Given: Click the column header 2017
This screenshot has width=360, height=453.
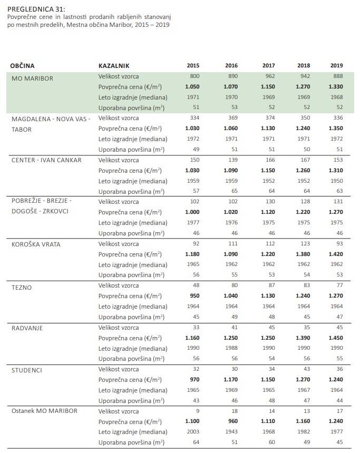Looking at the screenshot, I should pos(269,66).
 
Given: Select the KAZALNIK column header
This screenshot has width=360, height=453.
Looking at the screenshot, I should pos(114,66).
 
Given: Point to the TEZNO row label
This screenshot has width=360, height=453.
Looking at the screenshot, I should pos(22,288).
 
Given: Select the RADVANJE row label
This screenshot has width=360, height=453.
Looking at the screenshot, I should pos(27,328).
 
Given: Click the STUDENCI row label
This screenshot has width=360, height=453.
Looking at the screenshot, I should pos(27,370).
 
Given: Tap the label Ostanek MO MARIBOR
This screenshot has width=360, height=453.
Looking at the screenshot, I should pos(44,411).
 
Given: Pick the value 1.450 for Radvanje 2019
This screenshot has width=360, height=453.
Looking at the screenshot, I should pos(335,338).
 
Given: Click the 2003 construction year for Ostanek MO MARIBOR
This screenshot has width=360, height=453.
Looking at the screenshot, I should pos(193,432).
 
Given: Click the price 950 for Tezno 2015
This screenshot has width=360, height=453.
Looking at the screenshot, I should pos(194,296).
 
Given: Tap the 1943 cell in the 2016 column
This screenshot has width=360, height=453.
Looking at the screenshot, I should pos(231,432).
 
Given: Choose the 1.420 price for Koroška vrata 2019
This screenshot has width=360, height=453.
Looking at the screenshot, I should pos(335,254).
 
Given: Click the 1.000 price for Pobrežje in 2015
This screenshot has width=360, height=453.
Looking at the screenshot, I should pos(192,212).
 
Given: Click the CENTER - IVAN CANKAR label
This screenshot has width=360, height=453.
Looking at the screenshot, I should pos(46,160).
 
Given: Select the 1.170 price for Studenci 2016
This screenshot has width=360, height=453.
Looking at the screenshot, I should pos(230,379).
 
